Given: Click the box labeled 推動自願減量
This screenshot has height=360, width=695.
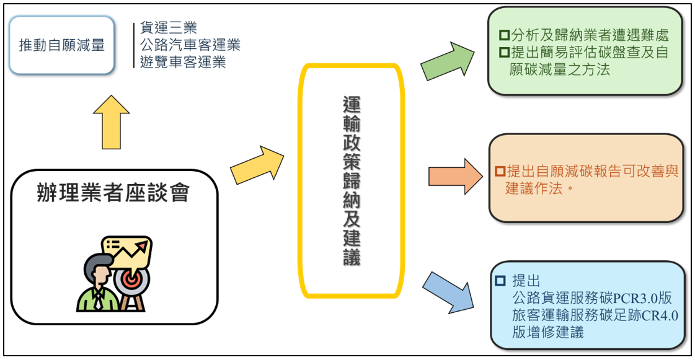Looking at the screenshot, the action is pyautogui.click(x=61, y=45).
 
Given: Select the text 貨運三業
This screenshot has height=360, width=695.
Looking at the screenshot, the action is pyautogui.click(x=169, y=27).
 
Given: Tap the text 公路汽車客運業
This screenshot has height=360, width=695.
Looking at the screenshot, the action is pyautogui.click(x=190, y=45).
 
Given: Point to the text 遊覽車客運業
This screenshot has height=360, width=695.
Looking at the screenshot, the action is pyautogui.click(x=183, y=61).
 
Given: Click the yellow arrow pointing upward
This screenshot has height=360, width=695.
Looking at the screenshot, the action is pyautogui.click(x=111, y=122).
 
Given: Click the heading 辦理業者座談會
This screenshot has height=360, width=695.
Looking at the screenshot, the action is pyautogui.click(x=113, y=193).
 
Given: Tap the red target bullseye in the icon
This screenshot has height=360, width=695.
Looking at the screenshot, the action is pyautogui.click(x=131, y=279).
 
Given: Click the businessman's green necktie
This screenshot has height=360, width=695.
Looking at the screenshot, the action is pyautogui.click(x=98, y=299).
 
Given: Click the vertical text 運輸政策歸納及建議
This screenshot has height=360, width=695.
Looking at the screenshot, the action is pyautogui.click(x=352, y=181).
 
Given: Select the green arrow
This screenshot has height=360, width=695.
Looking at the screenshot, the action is pyautogui.click(x=447, y=61).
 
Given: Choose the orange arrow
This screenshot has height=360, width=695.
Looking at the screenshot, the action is pyautogui.click(x=456, y=177).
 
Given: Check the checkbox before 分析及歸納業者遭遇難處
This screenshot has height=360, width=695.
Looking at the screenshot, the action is pyautogui.click(x=504, y=35).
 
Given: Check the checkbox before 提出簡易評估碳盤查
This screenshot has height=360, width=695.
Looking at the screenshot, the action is pyautogui.click(x=504, y=52).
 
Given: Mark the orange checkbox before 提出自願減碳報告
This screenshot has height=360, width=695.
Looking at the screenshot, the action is pyautogui.click(x=500, y=172).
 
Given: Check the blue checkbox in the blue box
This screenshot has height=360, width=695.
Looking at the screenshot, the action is pyautogui.click(x=500, y=281).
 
